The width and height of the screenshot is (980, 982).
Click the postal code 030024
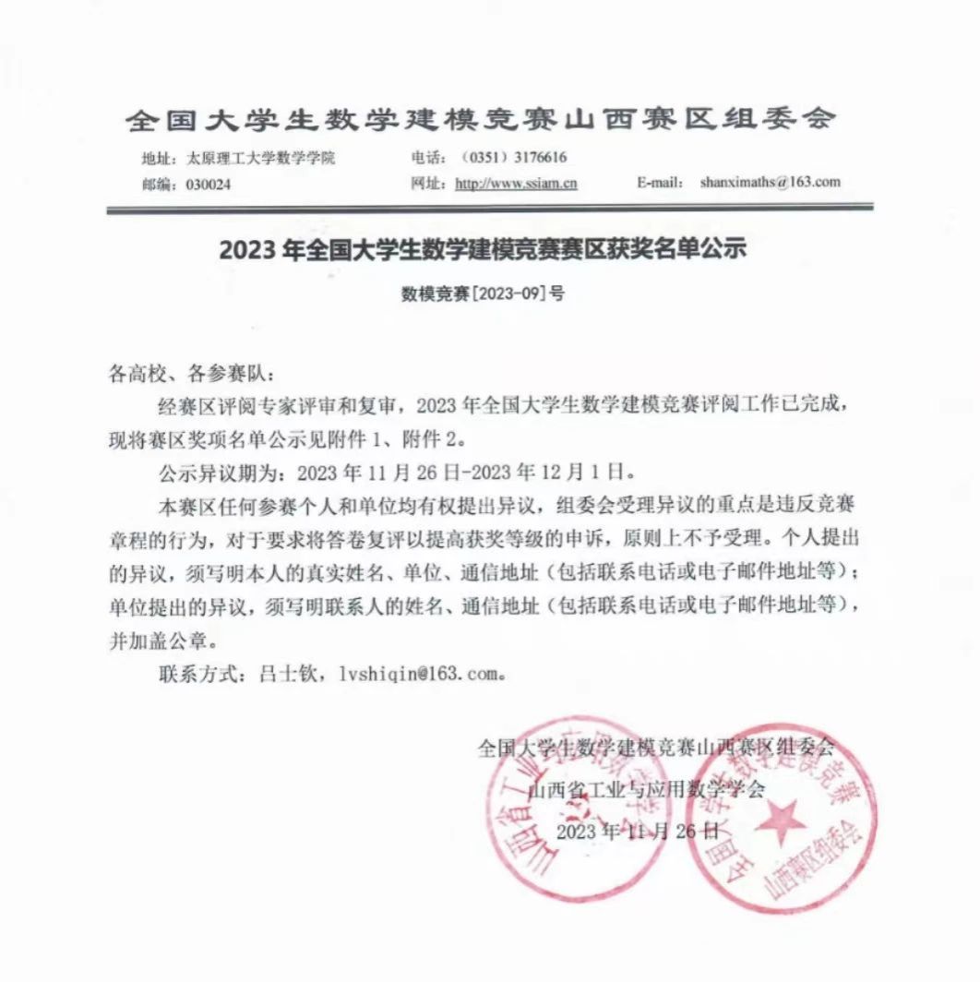(209, 184)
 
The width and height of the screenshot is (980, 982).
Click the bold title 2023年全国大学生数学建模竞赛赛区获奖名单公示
(482, 249)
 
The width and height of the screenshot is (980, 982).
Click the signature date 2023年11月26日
(638, 831)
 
